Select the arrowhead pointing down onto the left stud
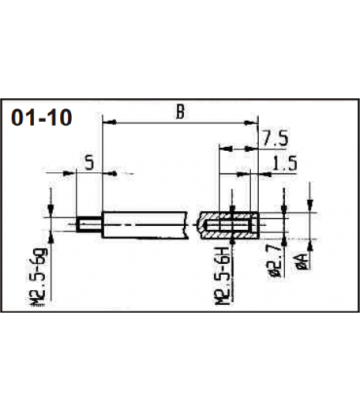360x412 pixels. click(x=49, y=216)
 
